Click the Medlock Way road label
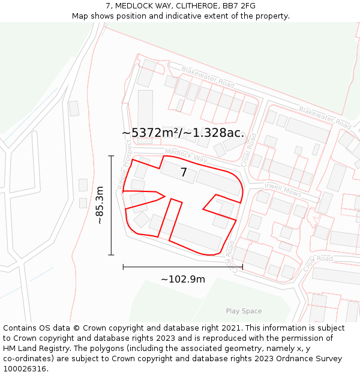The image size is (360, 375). [x=185, y=155]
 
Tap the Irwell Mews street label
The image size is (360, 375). [x=283, y=189]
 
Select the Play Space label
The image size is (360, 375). [x=244, y=311]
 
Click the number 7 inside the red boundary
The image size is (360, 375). [x=184, y=173]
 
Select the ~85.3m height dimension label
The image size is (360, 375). [x=100, y=205]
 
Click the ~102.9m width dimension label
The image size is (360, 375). [x=182, y=279]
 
